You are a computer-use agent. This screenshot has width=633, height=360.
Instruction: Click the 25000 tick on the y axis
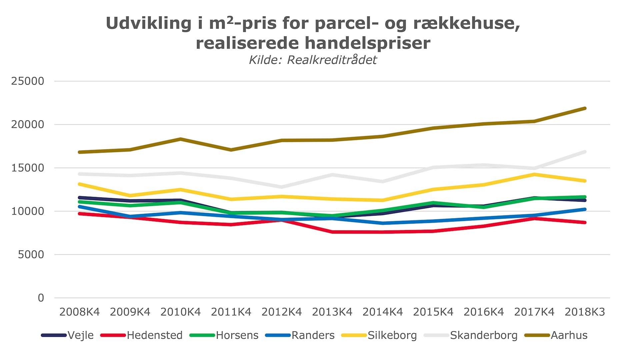click(28, 81)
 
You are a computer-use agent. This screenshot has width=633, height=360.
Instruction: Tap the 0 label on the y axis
click(41, 298)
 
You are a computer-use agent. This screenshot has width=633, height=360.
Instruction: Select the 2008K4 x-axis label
click(80, 312)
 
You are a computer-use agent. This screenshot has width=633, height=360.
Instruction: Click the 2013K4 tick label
click(332, 312)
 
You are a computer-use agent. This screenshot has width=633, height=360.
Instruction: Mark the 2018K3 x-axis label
click(585, 312)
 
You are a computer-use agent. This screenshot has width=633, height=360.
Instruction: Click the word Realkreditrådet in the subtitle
click(332, 60)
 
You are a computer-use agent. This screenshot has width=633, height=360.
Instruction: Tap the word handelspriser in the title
click(367, 43)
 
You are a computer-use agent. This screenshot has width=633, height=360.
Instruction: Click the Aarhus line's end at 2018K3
click(585, 108)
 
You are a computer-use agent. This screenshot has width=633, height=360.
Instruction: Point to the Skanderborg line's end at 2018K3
click(585, 152)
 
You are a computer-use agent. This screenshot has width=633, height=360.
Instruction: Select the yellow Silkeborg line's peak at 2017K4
click(534, 174)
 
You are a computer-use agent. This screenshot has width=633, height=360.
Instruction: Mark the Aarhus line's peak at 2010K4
click(181, 139)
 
